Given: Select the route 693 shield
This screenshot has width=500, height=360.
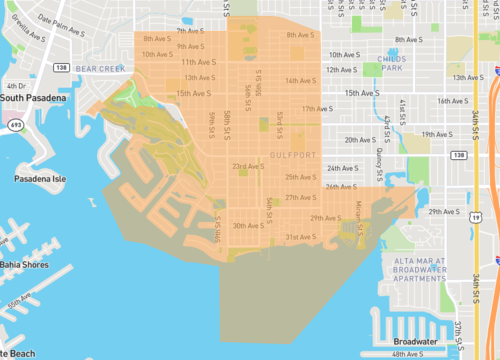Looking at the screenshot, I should [14, 127].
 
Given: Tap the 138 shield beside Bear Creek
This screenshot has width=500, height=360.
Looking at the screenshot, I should [62, 68].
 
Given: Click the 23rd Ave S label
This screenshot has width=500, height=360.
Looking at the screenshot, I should [246, 166].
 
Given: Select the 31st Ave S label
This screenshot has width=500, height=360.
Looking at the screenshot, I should [301, 236].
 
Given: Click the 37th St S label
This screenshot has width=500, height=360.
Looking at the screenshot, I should [455, 333].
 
